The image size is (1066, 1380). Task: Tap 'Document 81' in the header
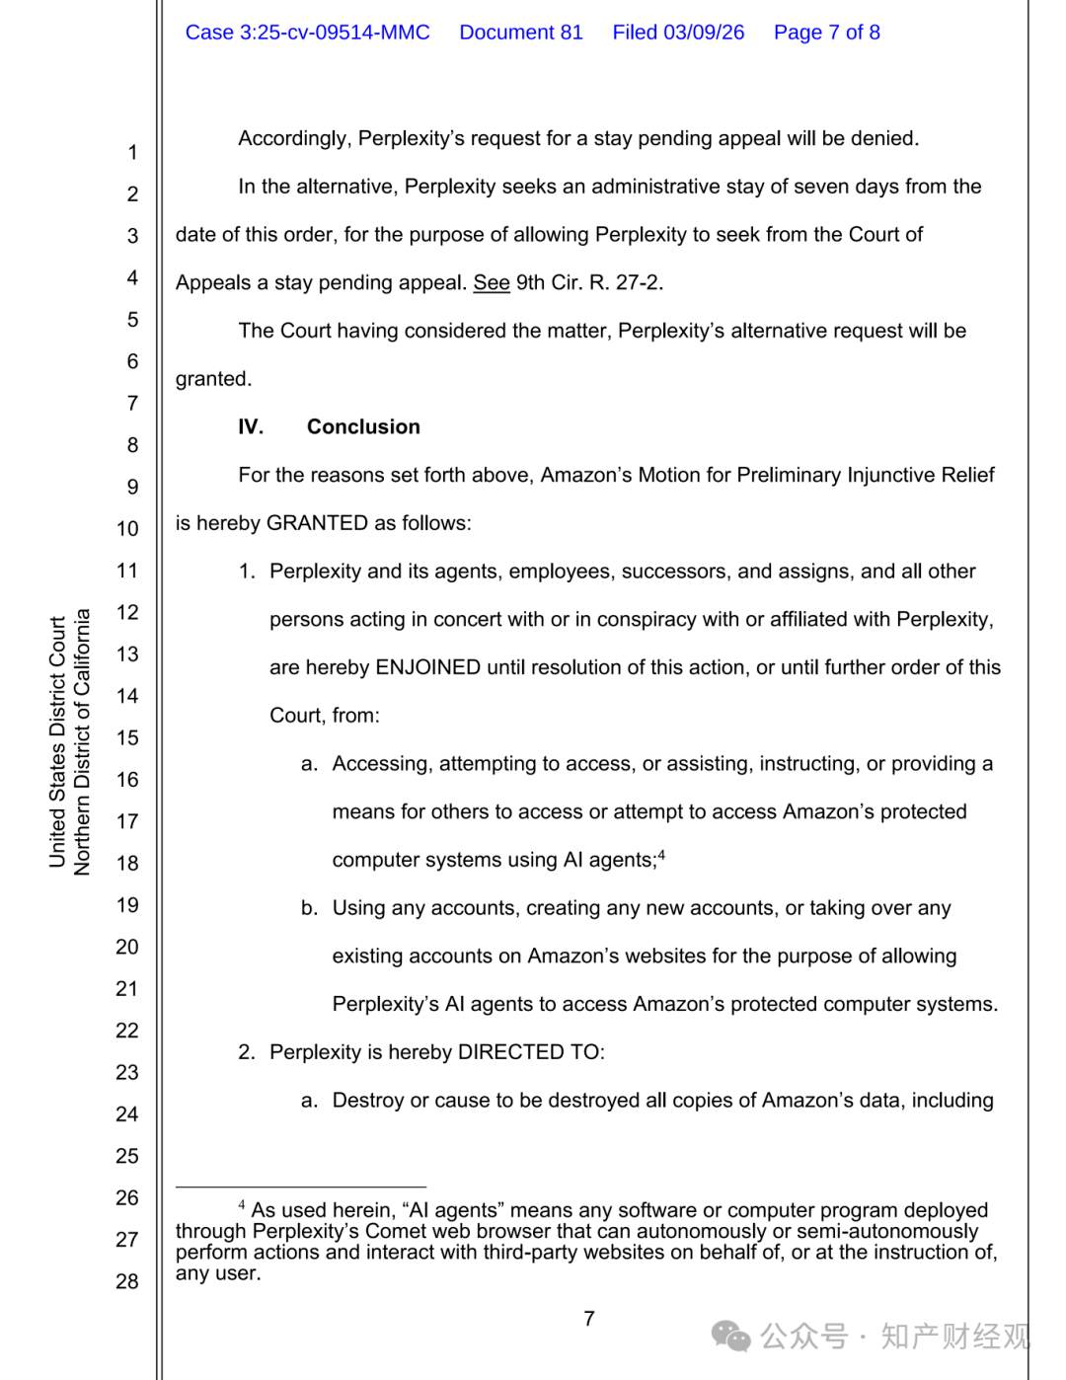point(521,33)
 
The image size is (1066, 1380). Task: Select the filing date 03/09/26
point(704,33)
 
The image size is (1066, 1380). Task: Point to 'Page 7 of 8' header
point(826,33)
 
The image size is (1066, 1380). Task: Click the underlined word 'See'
point(492,283)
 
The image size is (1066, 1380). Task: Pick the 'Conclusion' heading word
point(363,427)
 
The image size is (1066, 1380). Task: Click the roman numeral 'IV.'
point(251,427)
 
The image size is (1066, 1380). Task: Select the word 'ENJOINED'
point(428,667)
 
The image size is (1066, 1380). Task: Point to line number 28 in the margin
point(127,1281)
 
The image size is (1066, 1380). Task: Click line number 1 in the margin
point(132,153)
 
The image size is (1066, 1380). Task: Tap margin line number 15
point(127,738)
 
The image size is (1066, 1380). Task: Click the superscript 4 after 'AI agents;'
point(661,855)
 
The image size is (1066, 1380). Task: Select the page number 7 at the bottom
point(589,1319)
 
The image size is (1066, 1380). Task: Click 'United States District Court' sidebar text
point(57,742)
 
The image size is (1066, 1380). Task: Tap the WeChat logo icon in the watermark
point(731,1337)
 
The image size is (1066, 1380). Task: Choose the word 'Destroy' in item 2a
point(368,1101)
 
